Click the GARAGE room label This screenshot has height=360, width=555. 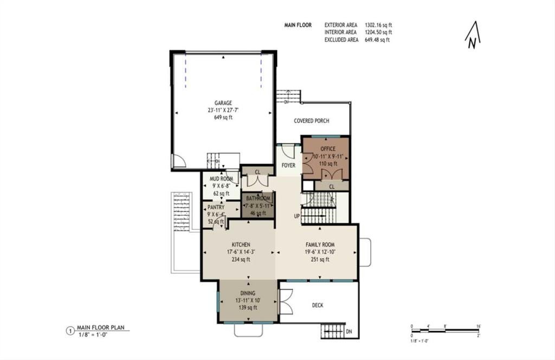coord(223,102)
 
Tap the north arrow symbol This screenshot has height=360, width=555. coord(473,35)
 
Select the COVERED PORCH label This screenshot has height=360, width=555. coord(311,121)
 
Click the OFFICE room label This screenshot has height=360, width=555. coord(327,149)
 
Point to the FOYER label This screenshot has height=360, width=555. coord(288,165)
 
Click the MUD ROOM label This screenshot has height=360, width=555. coord(221,179)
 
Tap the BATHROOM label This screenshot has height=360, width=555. coord(258,199)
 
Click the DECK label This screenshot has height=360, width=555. coord(318,305)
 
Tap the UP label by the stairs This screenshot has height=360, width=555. coord(296,216)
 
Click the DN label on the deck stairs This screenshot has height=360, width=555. coord(350,331)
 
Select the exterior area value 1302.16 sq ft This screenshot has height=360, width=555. coord(378,25)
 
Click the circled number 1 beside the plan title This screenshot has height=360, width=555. coord(69,330)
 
